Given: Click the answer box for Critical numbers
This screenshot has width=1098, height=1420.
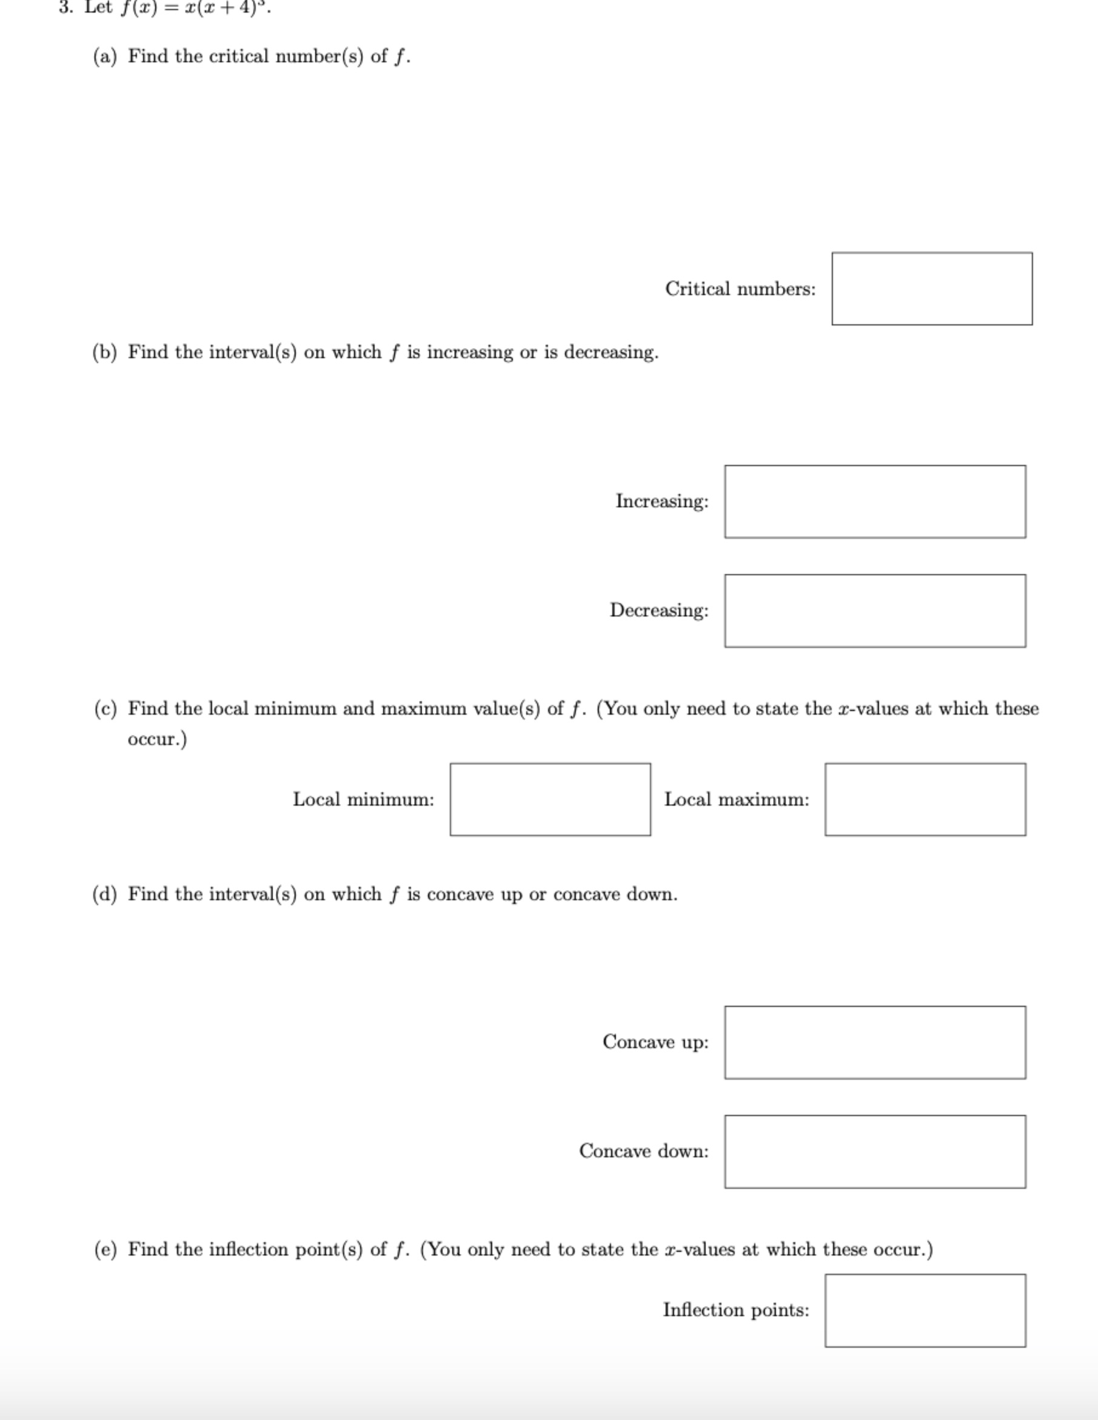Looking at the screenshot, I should pyautogui.click(x=932, y=289).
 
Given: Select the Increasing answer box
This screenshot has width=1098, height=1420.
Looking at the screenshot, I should pyautogui.click(x=875, y=501).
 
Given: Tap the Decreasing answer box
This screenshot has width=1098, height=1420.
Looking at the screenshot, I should pyautogui.click(x=875, y=611).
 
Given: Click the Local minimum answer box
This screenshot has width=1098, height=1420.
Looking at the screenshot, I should pyautogui.click(x=550, y=799).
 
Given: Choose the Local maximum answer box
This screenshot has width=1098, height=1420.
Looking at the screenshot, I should pyautogui.click(x=925, y=799).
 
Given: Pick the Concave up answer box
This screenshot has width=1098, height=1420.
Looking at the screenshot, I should pyautogui.click(x=875, y=1042).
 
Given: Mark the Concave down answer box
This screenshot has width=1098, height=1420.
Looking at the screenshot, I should pyautogui.click(x=875, y=1151).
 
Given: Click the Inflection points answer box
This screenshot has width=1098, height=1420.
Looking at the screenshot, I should pyautogui.click(x=925, y=1310).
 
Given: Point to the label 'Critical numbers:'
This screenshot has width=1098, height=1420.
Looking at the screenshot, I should pyautogui.click(x=740, y=289).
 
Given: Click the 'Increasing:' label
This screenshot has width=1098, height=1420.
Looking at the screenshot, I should pyautogui.click(x=662, y=501).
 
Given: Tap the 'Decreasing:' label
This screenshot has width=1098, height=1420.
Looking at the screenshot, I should pyautogui.click(x=658, y=611).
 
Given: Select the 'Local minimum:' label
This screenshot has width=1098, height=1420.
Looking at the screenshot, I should pyautogui.click(x=363, y=799).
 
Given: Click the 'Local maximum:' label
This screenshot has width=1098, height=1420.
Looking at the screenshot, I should pyautogui.click(x=737, y=799).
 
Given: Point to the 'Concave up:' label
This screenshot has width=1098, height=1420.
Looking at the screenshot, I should pyautogui.click(x=655, y=1042).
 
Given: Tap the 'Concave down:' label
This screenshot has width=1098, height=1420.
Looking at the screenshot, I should pyautogui.click(x=644, y=1151).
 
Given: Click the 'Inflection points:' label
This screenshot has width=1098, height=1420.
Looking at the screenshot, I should pyautogui.click(x=736, y=1310).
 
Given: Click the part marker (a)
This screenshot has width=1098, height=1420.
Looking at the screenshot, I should pyautogui.click(x=105, y=56).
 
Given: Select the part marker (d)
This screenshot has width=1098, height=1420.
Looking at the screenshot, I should pyautogui.click(x=105, y=895).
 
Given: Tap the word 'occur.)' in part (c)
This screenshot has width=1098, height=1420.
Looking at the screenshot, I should pyautogui.click(x=157, y=739).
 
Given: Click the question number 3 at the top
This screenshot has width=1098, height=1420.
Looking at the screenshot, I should pyautogui.click(x=64, y=7).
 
